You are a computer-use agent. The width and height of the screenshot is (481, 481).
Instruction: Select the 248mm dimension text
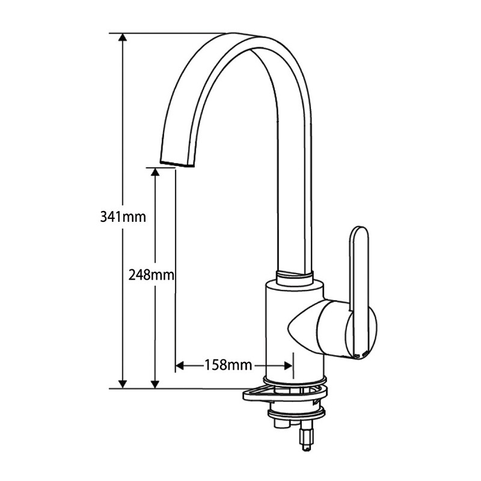click(x=151, y=275)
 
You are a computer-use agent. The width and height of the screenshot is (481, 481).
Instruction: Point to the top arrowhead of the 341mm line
click(x=123, y=37)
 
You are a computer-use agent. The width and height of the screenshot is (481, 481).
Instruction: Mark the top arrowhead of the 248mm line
click(x=155, y=171)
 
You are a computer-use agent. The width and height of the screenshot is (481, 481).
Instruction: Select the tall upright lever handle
click(x=359, y=283)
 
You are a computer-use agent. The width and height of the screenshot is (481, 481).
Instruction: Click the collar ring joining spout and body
click(x=295, y=278)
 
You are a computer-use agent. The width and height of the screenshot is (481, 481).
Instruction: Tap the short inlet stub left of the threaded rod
click(x=280, y=424)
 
